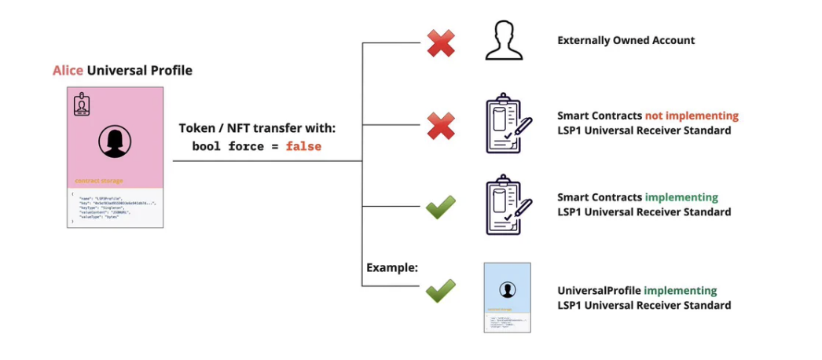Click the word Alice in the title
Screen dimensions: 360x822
coord(68,71)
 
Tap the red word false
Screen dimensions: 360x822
coord(303,146)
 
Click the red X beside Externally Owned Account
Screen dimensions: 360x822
coord(441,42)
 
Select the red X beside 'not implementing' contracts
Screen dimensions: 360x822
coord(441,124)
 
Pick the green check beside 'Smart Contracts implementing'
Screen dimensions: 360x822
coord(441,208)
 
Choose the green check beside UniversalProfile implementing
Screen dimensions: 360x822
coord(441,292)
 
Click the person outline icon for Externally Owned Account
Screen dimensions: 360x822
coord(504,41)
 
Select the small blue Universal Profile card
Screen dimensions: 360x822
coord(507,297)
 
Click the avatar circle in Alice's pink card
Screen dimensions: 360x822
coord(115,142)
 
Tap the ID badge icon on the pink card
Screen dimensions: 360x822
coord(82,105)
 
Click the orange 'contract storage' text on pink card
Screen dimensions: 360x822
coord(98,180)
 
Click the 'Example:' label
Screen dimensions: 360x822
coord(391,268)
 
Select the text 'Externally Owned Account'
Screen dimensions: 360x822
coord(626,40)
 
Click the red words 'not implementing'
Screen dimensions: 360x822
coord(692,116)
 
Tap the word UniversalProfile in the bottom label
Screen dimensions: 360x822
coord(599,291)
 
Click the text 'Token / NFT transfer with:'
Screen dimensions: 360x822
coord(257,128)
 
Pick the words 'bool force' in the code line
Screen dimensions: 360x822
coord(226,146)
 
